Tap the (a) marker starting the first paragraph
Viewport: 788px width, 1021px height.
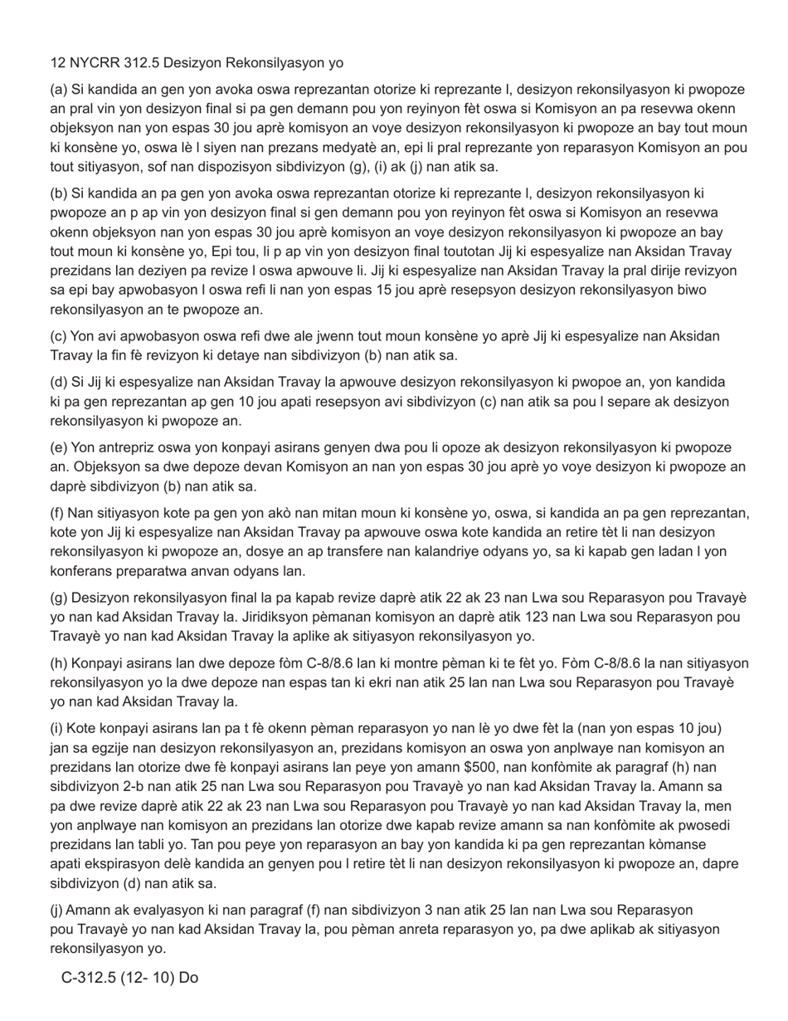point(59,90)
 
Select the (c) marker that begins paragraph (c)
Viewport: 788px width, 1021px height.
point(59,336)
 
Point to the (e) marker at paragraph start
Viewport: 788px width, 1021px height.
point(59,447)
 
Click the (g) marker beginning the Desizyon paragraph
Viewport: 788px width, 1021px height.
point(59,598)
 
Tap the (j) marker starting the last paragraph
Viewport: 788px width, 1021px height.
point(57,910)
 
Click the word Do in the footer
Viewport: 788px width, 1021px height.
point(188,978)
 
